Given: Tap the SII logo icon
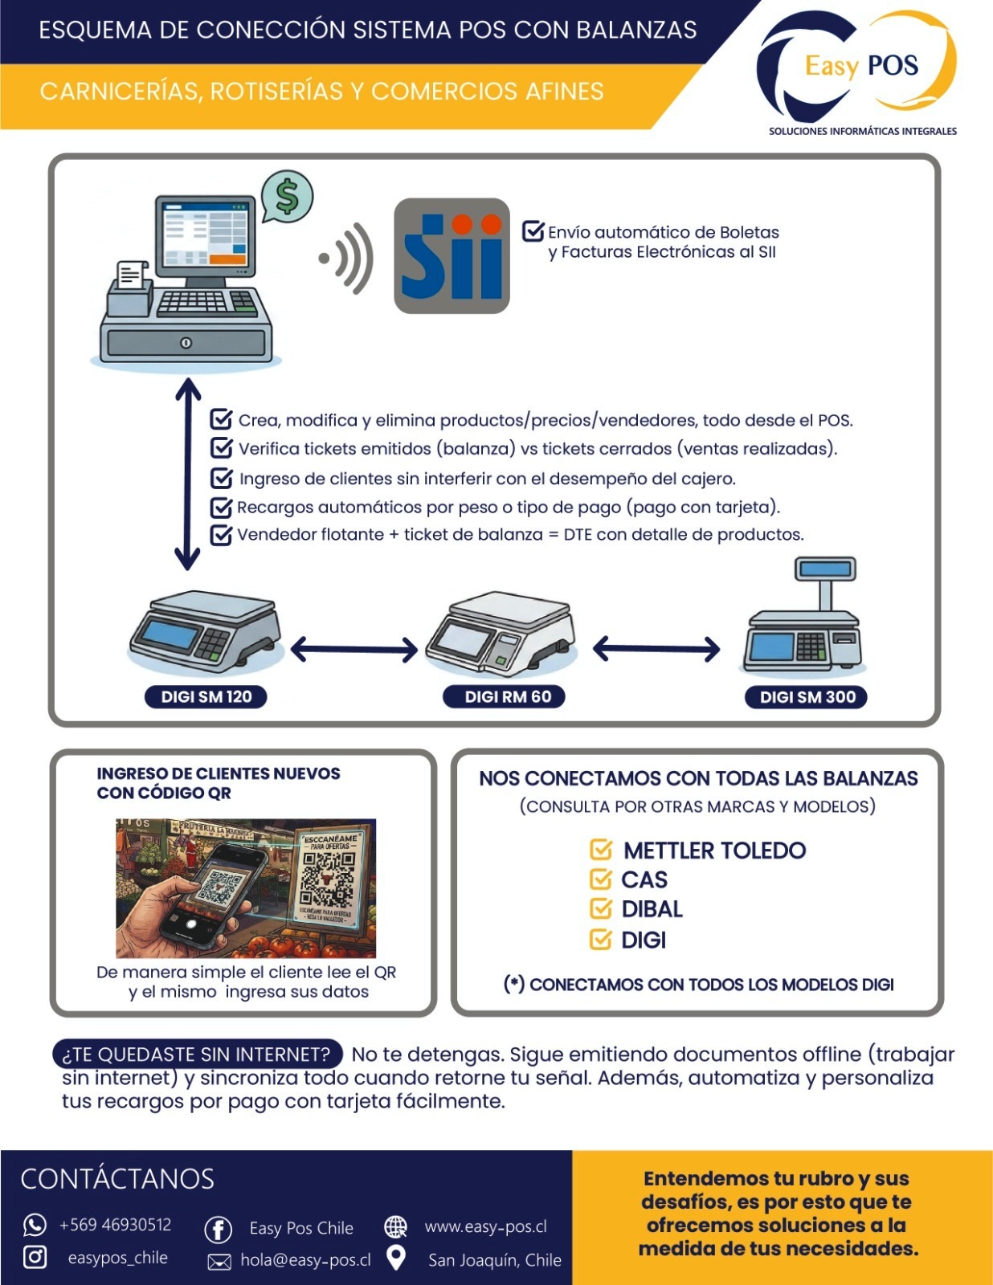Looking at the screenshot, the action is pos(452,255).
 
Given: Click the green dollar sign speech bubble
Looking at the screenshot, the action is pos(287,197).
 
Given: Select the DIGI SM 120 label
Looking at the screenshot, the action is pos(206,696).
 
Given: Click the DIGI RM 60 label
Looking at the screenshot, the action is pos(504,696).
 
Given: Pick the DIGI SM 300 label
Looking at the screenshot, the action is pos(806,696).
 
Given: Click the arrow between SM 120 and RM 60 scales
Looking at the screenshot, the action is pos(354,649).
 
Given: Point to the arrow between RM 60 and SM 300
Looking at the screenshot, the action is pos(656,649).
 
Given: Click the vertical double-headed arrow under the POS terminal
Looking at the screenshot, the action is pos(187,474).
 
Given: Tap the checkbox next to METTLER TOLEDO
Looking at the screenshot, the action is pos(601,850).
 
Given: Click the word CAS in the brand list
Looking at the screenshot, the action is pos(644,880).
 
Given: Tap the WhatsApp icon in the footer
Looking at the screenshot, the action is pos(35,1225).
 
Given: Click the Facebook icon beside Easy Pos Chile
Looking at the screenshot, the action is pos(218,1229).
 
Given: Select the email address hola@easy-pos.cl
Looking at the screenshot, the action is pos(305,1260).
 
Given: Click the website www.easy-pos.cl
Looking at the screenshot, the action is pos(485,1226).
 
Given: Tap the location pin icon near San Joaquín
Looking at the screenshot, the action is pos(395,1258).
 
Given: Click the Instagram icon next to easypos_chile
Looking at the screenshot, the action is pos(35,1257).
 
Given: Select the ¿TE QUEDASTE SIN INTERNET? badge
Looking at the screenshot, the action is pos(198,1054).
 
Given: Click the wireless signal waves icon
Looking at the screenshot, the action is pos(347,258).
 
